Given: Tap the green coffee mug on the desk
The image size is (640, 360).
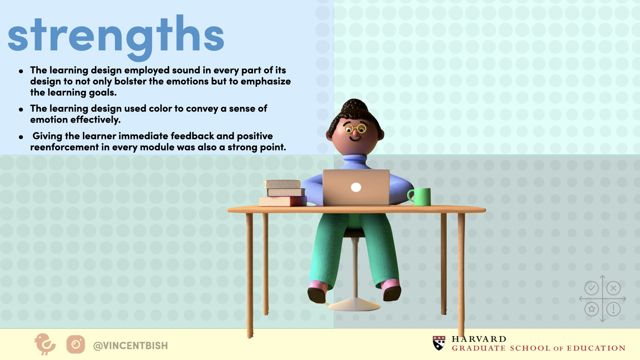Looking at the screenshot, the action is pyautogui.click(x=419, y=197).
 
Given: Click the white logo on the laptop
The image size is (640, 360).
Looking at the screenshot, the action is pyautogui.click(x=356, y=187).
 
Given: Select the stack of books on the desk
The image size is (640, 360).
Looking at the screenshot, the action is pyautogui.click(x=283, y=193).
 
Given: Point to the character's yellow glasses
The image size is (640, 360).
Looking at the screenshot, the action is pyautogui.click(x=355, y=128).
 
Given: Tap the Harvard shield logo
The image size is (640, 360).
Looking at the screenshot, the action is pyautogui.click(x=439, y=343).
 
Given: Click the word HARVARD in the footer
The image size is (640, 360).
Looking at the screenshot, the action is pyautogui.click(x=479, y=339).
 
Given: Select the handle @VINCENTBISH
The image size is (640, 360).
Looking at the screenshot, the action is pyautogui.click(x=130, y=346).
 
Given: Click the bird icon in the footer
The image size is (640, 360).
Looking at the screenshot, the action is pyautogui.click(x=45, y=344).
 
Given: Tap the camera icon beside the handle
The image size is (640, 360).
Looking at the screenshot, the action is pyautogui.click(x=76, y=344).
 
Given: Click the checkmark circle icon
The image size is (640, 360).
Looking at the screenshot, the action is pyautogui.click(x=592, y=288).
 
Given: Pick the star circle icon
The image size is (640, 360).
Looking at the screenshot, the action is pyautogui.click(x=592, y=309).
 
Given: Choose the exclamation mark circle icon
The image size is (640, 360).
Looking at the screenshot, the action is pyautogui.click(x=613, y=309).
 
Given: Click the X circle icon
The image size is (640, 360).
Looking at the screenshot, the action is pyautogui.click(x=613, y=288).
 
